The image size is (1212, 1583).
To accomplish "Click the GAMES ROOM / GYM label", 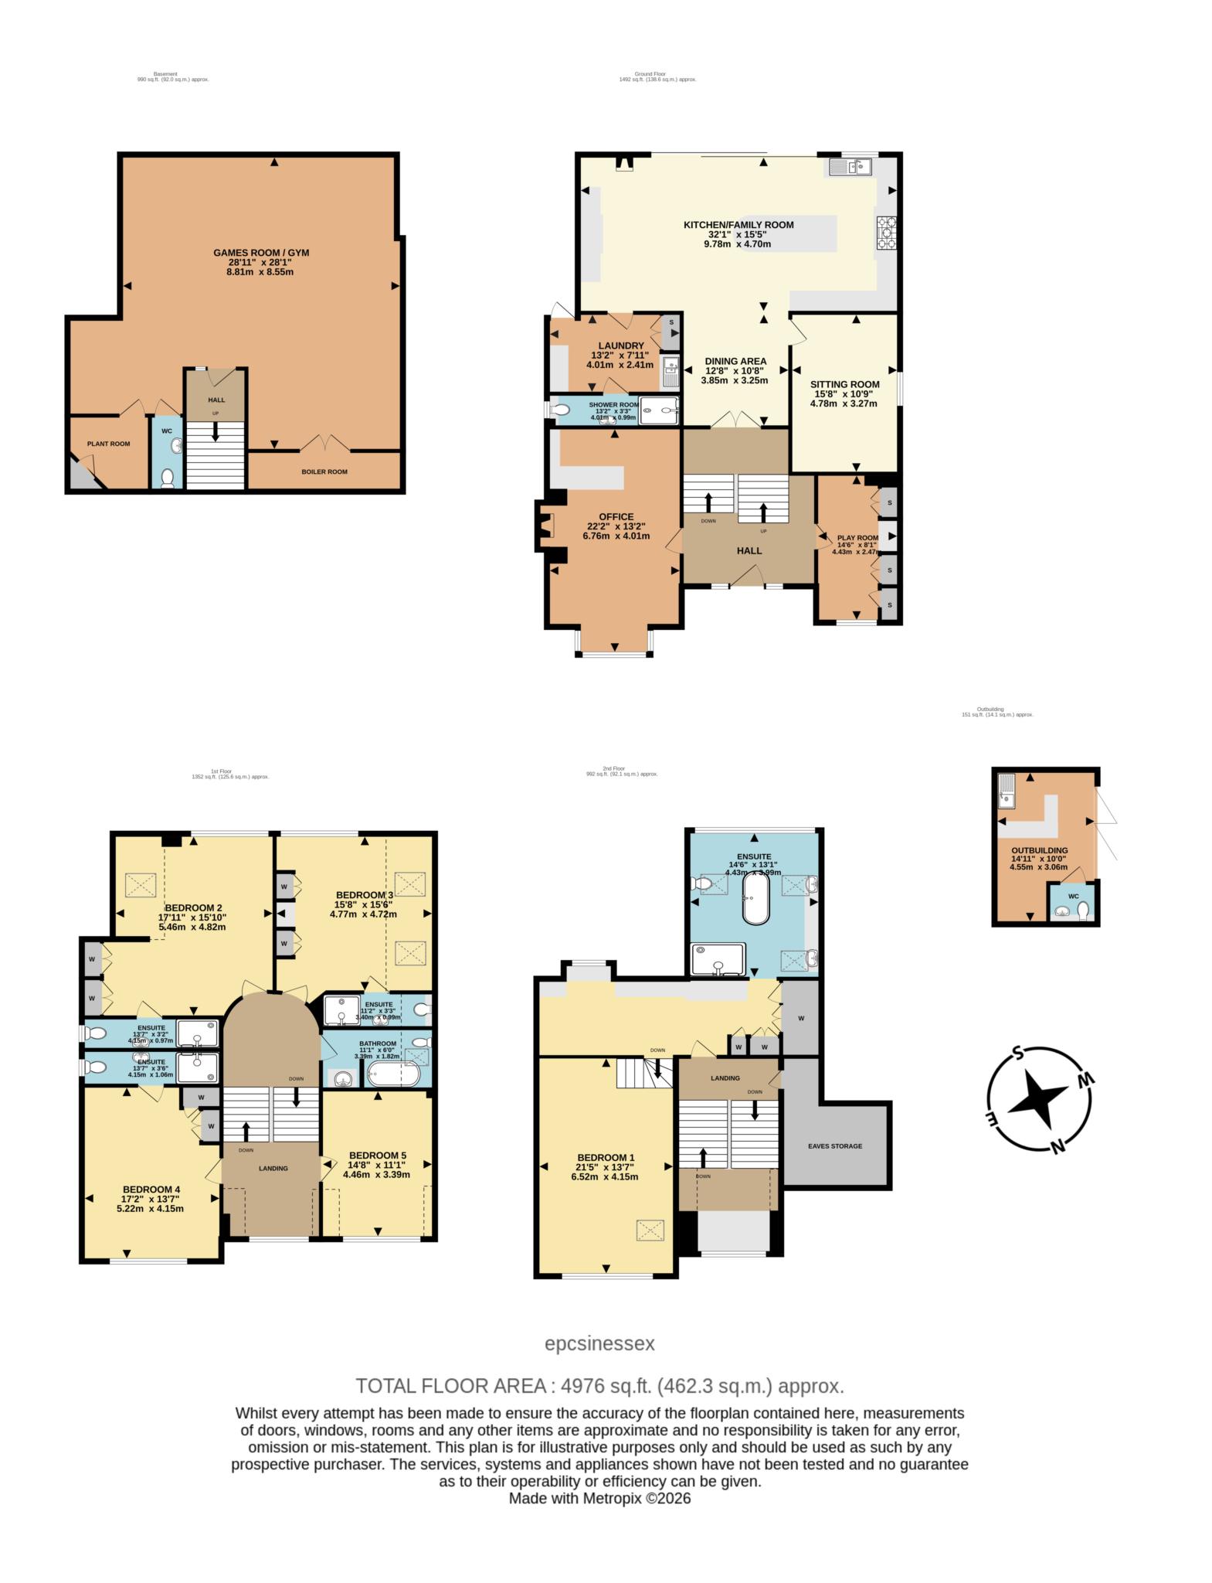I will click(x=261, y=253).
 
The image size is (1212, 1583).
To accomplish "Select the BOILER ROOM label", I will click(x=324, y=471).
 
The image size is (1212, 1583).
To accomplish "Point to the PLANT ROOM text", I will click(x=108, y=444).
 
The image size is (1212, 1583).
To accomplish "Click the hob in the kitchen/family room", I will click(x=885, y=233).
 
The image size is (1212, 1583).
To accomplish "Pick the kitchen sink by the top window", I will click(x=850, y=165).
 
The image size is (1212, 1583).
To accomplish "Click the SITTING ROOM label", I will click(x=844, y=384).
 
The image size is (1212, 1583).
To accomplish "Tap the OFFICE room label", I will click(x=616, y=517).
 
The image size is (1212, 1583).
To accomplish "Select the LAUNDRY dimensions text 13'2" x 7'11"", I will click(x=621, y=356).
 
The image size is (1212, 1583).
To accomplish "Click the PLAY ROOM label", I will click(x=857, y=538).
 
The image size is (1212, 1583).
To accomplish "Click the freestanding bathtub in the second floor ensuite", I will click(x=755, y=897).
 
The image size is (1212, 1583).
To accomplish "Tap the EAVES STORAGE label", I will click(x=834, y=1146).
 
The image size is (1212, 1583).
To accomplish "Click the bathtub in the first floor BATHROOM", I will click(x=392, y=1074).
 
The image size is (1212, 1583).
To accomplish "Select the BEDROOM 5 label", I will click(x=377, y=1156).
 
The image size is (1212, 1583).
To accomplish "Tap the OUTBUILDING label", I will click(x=1039, y=850).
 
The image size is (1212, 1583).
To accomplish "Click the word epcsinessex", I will click(x=599, y=1343).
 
